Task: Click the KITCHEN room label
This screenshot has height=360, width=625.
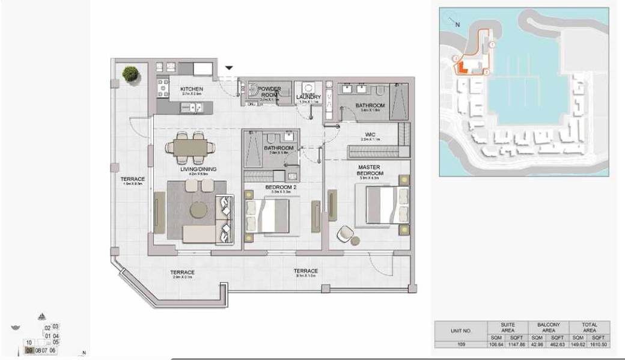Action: click(x=192, y=90)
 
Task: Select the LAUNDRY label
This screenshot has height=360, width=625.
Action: click(x=309, y=97)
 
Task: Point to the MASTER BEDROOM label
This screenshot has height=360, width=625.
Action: click(x=370, y=170)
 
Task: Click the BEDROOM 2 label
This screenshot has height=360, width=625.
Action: click(x=281, y=188)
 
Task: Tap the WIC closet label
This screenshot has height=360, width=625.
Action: click(x=370, y=135)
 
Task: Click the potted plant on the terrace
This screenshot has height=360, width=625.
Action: click(x=130, y=74)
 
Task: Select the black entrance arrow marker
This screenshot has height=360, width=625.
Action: click(x=229, y=68)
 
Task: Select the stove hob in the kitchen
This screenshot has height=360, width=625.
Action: click(x=162, y=89)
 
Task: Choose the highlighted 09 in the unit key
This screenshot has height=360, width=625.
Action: click(x=29, y=350)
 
